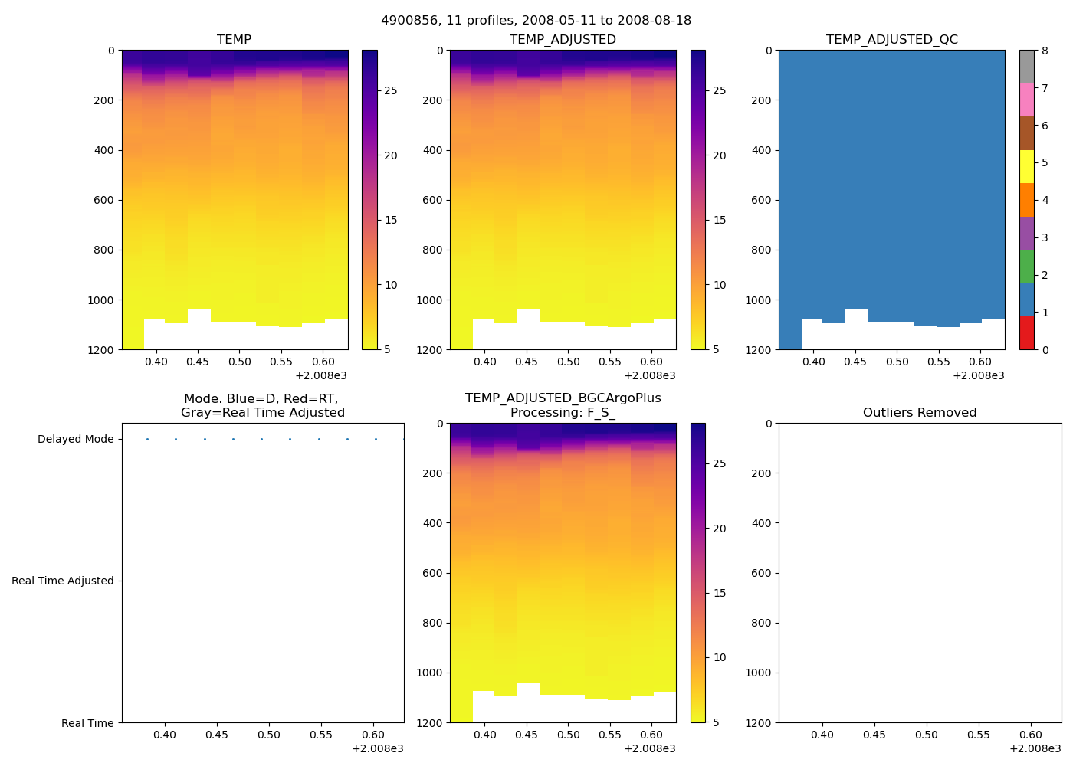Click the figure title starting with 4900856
536,21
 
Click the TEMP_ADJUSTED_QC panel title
891,40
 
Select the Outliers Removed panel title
920,413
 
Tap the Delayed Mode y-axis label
75,440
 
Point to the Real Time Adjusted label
63,581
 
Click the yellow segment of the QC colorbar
1027,167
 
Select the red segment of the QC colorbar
1027,333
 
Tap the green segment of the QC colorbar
1027,267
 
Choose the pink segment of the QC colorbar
1027,100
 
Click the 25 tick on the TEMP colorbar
391,91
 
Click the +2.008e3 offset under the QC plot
979,376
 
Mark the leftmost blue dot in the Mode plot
147,440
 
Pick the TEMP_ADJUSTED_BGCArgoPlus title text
563,398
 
